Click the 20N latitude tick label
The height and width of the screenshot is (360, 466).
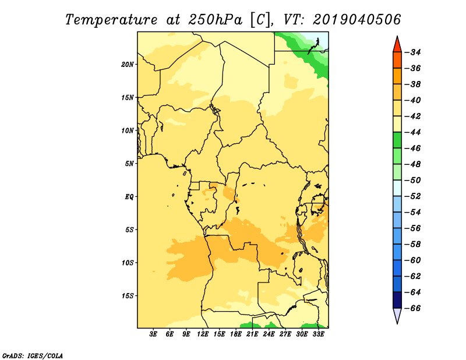pos(128,64)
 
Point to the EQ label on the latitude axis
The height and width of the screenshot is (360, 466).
pos(129,197)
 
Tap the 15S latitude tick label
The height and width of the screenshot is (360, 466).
pos(128,296)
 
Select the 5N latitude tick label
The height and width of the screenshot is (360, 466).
pos(129,164)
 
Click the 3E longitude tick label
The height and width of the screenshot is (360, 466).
pos(153,334)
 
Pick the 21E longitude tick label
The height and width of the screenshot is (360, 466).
pos(252,334)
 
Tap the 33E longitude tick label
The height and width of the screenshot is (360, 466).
pos(318,334)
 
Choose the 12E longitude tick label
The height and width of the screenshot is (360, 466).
pos(202,334)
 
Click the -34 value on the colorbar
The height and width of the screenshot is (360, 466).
pos(413,52)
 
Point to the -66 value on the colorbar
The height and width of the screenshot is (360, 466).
pos(413,308)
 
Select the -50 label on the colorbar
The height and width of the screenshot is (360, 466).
pos(413,180)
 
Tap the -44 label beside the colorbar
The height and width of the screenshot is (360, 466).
pos(413,132)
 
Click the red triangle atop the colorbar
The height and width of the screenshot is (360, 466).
pos(397,45)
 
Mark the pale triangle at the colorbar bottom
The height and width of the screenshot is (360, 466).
pos(397,315)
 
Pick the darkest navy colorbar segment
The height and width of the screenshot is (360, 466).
pos(397,300)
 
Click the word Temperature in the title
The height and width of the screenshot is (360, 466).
pos(111,20)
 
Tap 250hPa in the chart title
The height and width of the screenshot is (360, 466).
pos(215,20)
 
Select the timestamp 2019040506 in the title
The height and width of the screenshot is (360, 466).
pos(357,20)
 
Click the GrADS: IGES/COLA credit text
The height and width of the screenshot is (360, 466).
pos(33,355)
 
